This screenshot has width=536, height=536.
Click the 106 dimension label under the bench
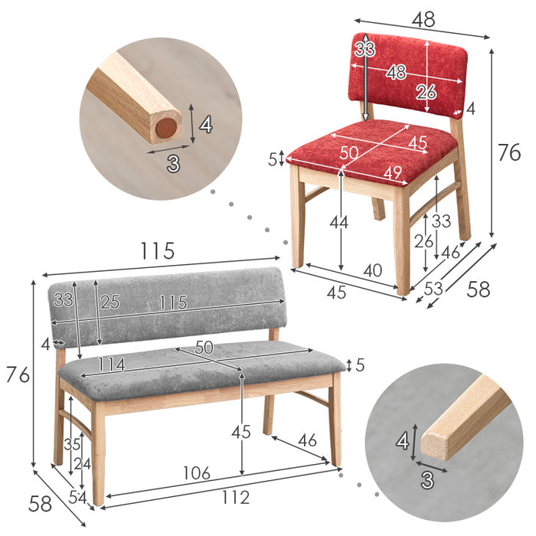coord(197,473)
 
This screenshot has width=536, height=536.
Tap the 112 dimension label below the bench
coord(236,498)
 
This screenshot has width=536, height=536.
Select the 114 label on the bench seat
coord(112,364)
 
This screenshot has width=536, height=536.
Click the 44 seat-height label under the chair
coord(338,223)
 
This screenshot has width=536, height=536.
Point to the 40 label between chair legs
coord(373,270)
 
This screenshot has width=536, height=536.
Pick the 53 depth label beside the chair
coord(433,289)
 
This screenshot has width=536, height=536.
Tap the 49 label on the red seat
coord(392,172)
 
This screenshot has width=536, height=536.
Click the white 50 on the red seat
coord(348,153)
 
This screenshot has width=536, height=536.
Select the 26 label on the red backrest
coord(426,92)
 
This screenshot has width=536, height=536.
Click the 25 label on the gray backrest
coord(109,302)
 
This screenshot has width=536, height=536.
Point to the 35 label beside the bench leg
coord(72,444)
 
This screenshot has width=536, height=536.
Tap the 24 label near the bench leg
coord(83,464)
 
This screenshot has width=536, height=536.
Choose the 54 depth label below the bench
coord(77,498)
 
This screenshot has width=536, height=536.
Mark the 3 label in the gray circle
coord(427,480)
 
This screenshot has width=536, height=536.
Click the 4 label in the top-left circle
coord(206,125)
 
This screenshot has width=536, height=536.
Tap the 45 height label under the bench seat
coord(241,432)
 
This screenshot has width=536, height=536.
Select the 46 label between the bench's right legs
coord(307,440)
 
